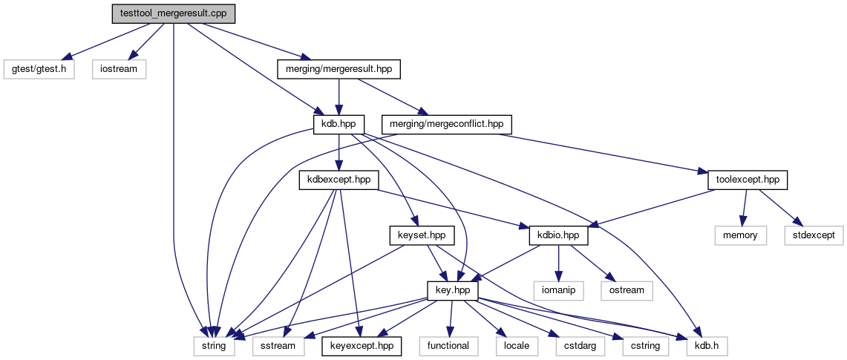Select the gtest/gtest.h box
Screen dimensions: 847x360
pos(39,70)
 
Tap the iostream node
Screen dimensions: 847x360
pos(119,70)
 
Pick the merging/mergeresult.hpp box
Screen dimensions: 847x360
pos(339,70)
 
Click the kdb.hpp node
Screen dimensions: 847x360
pos(339,125)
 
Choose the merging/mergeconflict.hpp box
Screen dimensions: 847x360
pos(446,125)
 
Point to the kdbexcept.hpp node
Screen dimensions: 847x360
pos(339,180)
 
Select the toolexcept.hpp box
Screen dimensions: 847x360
pos(747,180)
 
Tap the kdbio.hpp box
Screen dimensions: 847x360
pos(558,235)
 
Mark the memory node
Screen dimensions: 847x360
pos(741,235)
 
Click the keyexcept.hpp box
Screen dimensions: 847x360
pos(362,346)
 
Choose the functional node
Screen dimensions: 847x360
pos(448,346)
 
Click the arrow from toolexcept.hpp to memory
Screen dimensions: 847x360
pos(744,207)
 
